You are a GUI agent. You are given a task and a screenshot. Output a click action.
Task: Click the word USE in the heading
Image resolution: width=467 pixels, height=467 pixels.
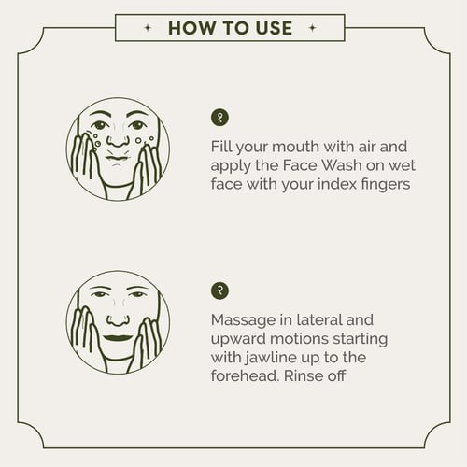[274, 28]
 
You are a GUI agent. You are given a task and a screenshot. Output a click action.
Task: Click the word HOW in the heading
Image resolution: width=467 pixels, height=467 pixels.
[192, 28]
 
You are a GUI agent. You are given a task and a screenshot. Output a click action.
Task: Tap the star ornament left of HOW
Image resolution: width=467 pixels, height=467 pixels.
[148, 28]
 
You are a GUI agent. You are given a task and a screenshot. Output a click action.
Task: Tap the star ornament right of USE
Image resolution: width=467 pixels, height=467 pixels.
[312, 28]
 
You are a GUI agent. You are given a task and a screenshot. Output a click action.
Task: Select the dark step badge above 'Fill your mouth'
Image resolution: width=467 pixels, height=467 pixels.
[219, 118]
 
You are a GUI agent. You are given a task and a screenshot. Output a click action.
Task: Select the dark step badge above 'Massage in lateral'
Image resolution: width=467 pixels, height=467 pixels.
[219, 290]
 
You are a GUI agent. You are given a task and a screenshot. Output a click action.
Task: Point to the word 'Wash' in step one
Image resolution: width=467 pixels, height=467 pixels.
[342, 165]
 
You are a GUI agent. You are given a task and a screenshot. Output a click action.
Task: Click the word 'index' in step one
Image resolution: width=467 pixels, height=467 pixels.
[337, 184]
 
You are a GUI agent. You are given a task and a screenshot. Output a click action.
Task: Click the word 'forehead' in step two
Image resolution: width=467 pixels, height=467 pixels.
[245, 375]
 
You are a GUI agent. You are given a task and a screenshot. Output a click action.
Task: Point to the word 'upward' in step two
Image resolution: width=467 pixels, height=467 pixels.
[238, 339]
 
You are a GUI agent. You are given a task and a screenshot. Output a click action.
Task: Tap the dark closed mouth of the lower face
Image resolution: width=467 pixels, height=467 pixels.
[118, 338]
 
